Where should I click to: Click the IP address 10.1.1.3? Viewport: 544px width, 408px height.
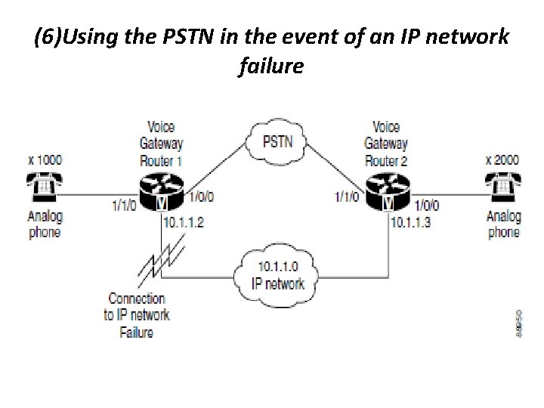pos(412,222)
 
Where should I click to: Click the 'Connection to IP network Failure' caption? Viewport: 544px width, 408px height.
pos(137,315)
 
